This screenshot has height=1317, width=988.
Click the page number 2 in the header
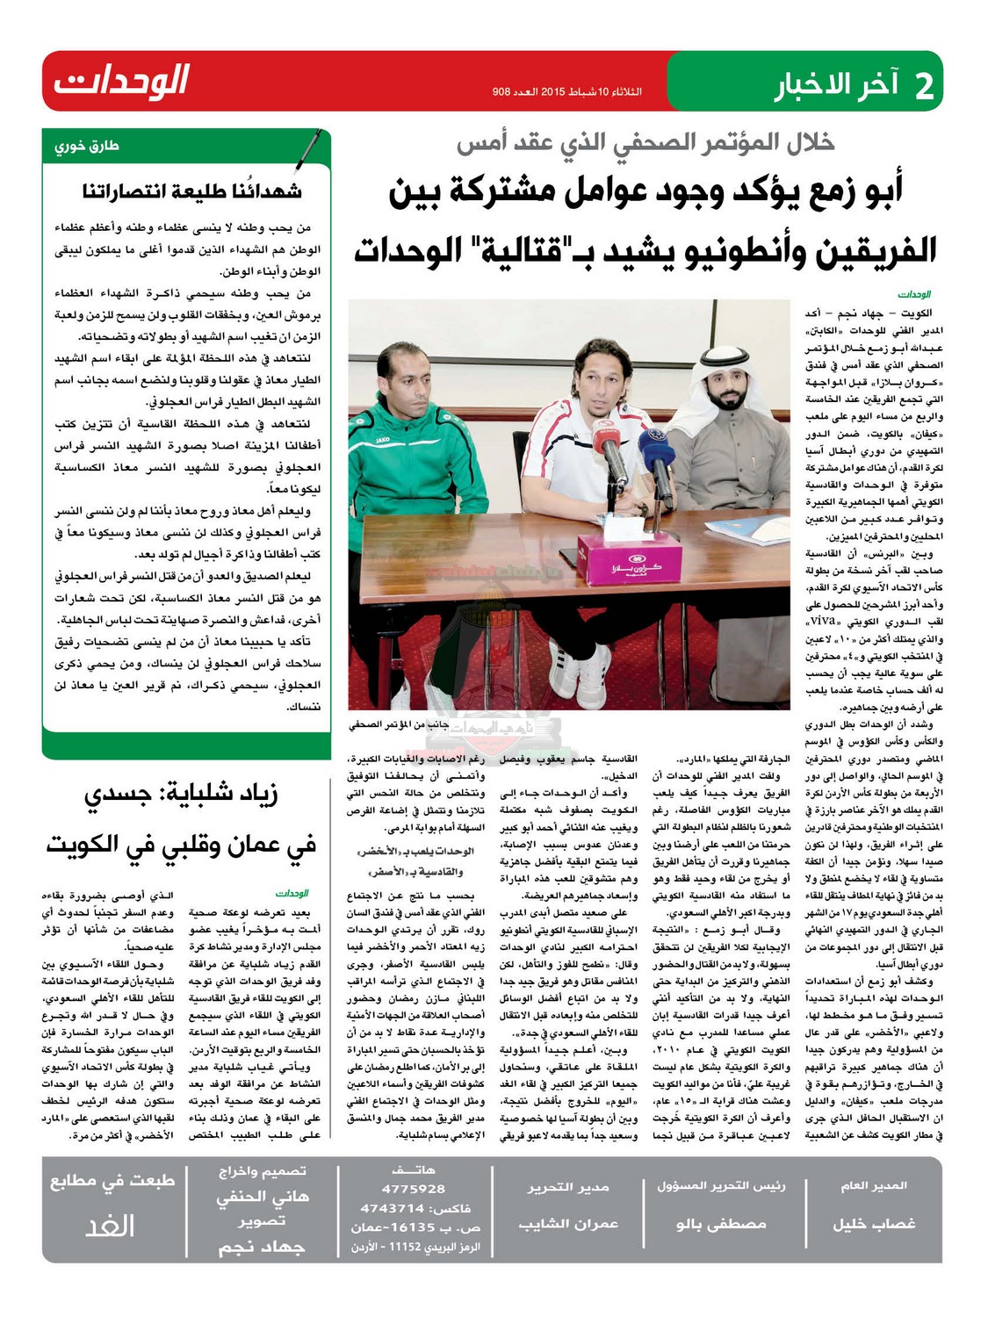(x=923, y=87)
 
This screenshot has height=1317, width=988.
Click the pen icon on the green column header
(x=306, y=149)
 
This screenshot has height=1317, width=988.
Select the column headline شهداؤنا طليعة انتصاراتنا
(x=192, y=191)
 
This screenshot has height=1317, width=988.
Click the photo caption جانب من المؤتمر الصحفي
(x=399, y=724)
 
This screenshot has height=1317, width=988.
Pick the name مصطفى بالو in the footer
(x=721, y=1224)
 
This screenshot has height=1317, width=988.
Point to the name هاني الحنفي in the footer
(x=263, y=1196)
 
